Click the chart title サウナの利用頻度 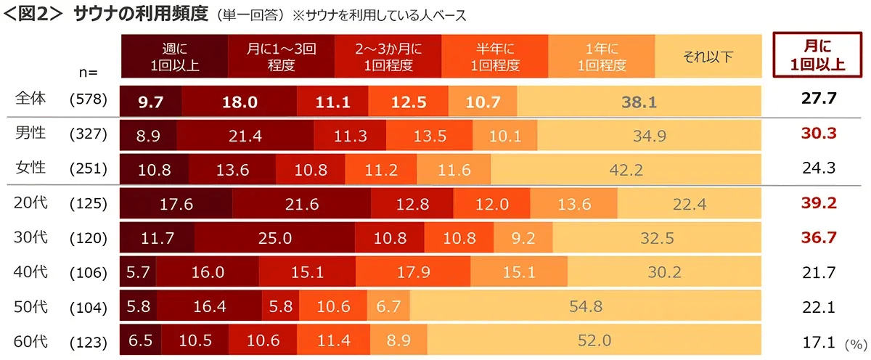click(x=141, y=14)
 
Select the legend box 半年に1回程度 click(x=495, y=57)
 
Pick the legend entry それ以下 click(x=708, y=57)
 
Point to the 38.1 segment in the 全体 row click(x=639, y=102)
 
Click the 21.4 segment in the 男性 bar click(x=245, y=135)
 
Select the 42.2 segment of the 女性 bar click(x=626, y=169)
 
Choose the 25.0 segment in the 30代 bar click(x=274, y=238)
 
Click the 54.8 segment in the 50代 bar click(x=586, y=306)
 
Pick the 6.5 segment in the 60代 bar click(x=139, y=340)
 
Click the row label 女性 click(x=30, y=168)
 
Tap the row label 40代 click(x=30, y=272)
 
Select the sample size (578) click(x=89, y=101)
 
